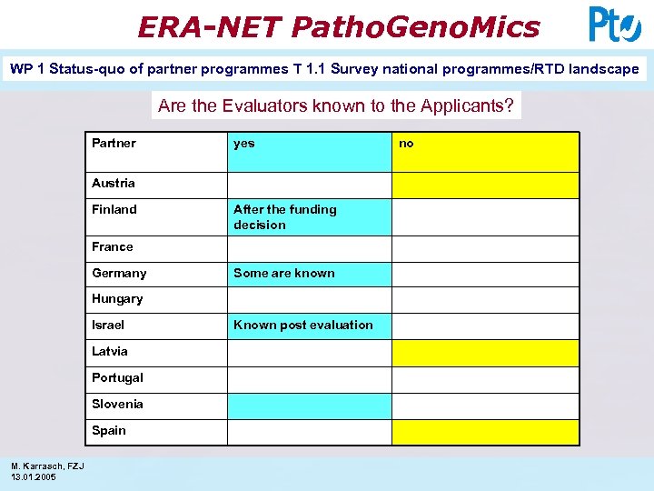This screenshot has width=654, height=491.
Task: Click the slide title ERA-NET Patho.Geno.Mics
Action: coord(338,26)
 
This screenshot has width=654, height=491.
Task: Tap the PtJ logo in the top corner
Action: coord(614,25)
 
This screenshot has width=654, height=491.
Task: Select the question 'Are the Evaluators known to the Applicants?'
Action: coord(336,105)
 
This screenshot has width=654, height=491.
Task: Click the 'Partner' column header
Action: coord(114,144)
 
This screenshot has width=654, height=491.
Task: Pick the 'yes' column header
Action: coord(244,144)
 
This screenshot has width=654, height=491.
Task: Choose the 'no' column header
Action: coord(406,144)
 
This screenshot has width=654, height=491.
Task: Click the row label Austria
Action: coord(114,183)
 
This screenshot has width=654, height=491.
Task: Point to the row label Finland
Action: coord(114,209)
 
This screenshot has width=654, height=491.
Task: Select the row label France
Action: coord(113,246)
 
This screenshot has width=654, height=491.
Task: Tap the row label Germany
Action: coord(119,273)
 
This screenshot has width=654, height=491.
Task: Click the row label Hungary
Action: coord(117,299)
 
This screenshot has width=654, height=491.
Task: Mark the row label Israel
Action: coord(108,325)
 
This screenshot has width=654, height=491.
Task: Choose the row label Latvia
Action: coord(110,351)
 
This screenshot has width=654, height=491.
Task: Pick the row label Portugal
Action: coord(117,377)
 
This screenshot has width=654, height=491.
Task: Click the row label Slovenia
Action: coord(117,404)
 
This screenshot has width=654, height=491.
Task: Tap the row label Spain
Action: coord(109,430)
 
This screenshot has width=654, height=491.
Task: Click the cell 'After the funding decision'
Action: coord(284,216)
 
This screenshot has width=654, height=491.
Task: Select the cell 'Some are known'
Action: coord(283,273)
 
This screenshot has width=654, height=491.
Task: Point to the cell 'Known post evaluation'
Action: coord(302,325)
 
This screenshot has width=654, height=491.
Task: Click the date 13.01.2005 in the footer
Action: coord(34,476)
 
